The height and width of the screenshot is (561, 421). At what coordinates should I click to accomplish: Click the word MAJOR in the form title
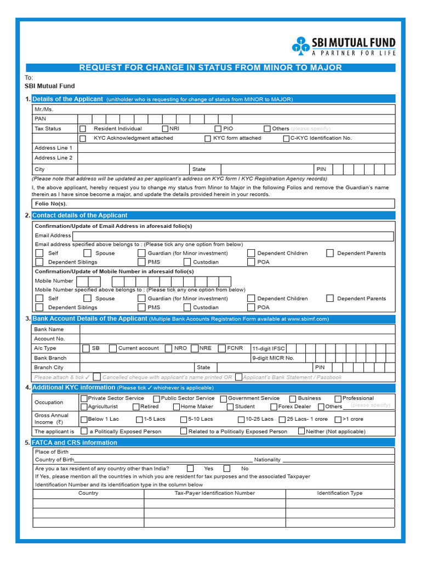click(x=325, y=68)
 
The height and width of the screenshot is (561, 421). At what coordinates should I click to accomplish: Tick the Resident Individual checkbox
click(x=83, y=129)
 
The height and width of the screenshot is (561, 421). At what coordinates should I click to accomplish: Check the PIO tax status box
click(x=211, y=129)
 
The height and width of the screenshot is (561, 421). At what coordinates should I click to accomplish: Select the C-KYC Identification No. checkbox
click(x=286, y=139)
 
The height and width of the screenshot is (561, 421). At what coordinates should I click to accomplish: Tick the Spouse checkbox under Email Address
click(x=87, y=253)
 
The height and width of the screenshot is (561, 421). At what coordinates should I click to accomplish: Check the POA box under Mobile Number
click(x=251, y=307)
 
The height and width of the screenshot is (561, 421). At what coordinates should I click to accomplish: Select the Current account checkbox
click(x=112, y=348)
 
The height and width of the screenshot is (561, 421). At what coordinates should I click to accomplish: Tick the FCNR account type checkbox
click(x=222, y=348)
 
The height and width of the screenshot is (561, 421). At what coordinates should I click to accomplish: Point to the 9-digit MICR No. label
click(x=273, y=358)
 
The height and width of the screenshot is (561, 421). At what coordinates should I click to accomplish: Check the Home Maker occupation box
click(x=177, y=407)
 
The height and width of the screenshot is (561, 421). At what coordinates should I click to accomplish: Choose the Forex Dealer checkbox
click(x=274, y=407)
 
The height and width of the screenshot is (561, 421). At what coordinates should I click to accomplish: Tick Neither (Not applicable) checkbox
click(x=301, y=431)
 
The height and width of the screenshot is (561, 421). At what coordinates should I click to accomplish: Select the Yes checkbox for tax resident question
click(x=190, y=468)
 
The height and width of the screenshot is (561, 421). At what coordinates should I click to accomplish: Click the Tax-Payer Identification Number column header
click(x=214, y=493)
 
